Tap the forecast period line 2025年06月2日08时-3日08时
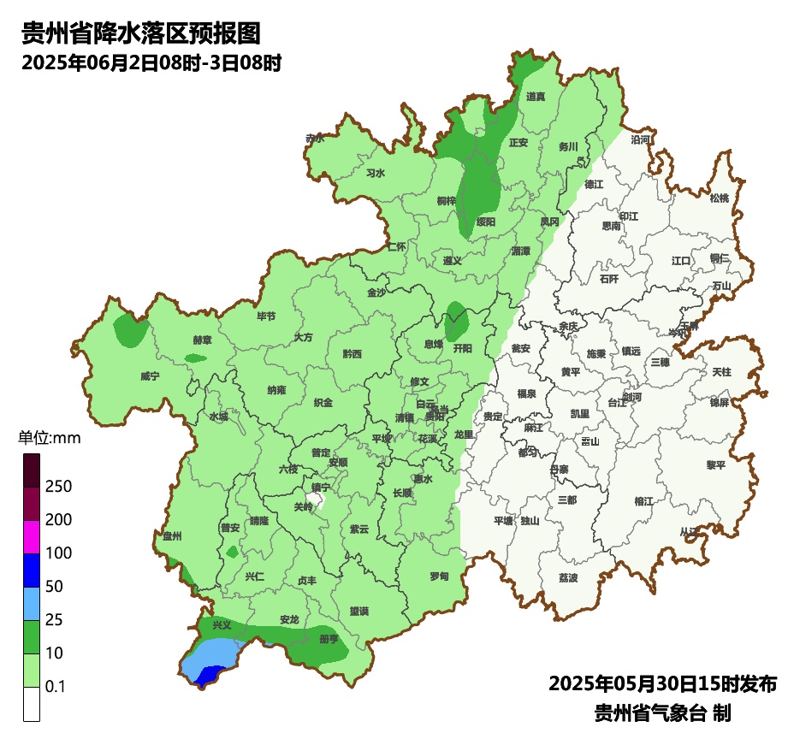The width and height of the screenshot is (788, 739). click(151, 62)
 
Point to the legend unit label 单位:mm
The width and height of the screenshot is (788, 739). click(49, 439)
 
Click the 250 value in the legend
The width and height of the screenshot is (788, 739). click(58, 487)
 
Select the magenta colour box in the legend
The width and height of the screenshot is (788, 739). click(32, 536)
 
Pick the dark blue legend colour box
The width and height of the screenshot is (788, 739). click(32, 570)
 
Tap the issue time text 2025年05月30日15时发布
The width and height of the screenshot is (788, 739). click(662, 684)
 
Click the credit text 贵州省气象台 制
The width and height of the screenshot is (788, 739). click(662, 712)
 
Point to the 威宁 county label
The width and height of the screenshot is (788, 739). click(150, 375)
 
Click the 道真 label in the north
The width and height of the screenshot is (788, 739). click(536, 97)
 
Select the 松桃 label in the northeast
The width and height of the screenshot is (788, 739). click(720, 198)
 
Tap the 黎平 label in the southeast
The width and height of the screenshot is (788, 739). click(715, 464)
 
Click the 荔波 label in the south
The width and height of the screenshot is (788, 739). click(568, 577)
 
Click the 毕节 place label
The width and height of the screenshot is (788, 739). click(267, 316)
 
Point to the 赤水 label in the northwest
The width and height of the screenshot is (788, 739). click(316, 138)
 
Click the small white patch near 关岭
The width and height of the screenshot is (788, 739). click(319, 504)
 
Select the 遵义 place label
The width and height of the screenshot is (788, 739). click(453, 260)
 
